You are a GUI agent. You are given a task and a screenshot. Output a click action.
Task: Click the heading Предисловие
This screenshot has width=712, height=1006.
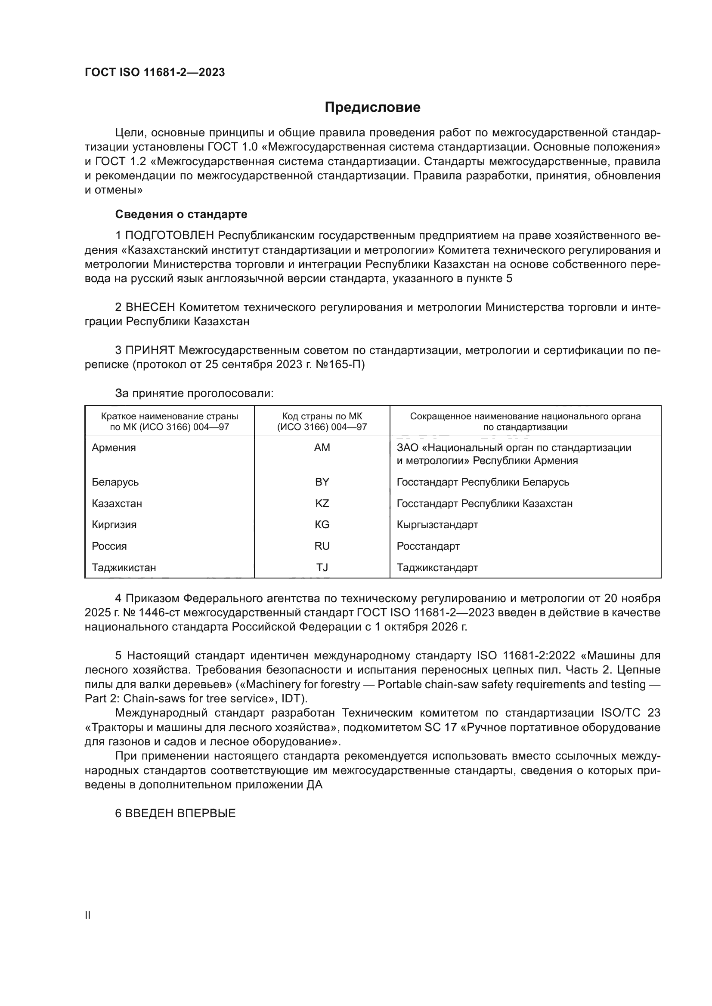[x=372, y=108]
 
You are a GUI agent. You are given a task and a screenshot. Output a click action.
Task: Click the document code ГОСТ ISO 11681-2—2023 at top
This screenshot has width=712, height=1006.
[x=155, y=72]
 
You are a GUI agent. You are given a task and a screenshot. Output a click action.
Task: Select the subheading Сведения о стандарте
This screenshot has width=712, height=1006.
[x=181, y=214]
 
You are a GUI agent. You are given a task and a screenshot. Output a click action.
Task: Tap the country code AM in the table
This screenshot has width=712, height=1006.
[x=322, y=448]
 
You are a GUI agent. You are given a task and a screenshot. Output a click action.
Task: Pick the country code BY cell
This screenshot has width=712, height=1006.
[x=322, y=482]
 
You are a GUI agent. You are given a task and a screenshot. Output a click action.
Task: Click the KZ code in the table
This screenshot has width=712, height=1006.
[x=322, y=504]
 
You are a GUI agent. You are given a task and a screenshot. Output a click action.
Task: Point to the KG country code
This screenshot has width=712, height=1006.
[x=322, y=524]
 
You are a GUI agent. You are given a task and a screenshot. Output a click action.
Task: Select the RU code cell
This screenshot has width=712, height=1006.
[x=322, y=546]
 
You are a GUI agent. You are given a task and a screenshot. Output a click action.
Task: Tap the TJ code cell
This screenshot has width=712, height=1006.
[x=322, y=567]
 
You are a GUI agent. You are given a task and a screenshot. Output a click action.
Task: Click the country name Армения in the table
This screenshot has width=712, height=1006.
[x=114, y=448]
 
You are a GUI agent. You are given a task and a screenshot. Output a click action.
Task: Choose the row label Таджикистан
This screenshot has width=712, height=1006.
[x=124, y=567]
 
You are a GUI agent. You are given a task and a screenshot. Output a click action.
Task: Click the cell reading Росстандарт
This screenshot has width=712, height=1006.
[x=428, y=546]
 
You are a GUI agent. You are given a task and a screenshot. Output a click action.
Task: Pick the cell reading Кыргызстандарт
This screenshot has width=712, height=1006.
[x=437, y=524]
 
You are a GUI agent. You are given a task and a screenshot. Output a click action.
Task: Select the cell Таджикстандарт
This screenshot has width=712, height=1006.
[x=437, y=567]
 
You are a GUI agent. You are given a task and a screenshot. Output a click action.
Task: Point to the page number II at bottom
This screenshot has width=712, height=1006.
[x=87, y=915]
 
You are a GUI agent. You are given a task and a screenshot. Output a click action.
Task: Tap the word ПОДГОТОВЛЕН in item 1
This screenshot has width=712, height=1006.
[x=170, y=236]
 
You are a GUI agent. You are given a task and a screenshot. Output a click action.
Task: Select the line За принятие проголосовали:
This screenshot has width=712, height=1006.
[x=194, y=393]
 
